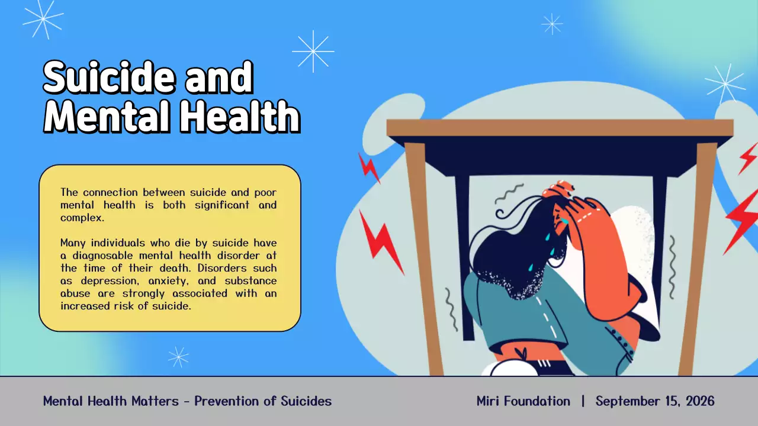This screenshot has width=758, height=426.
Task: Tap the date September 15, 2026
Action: coord(655,401)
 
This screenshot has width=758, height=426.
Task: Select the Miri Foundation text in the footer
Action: coord(523,401)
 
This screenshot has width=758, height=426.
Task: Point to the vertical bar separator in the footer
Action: coord(583,401)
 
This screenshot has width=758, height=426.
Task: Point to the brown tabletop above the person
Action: coord(560,127)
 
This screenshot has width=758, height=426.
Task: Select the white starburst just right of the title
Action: coord(313,51)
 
